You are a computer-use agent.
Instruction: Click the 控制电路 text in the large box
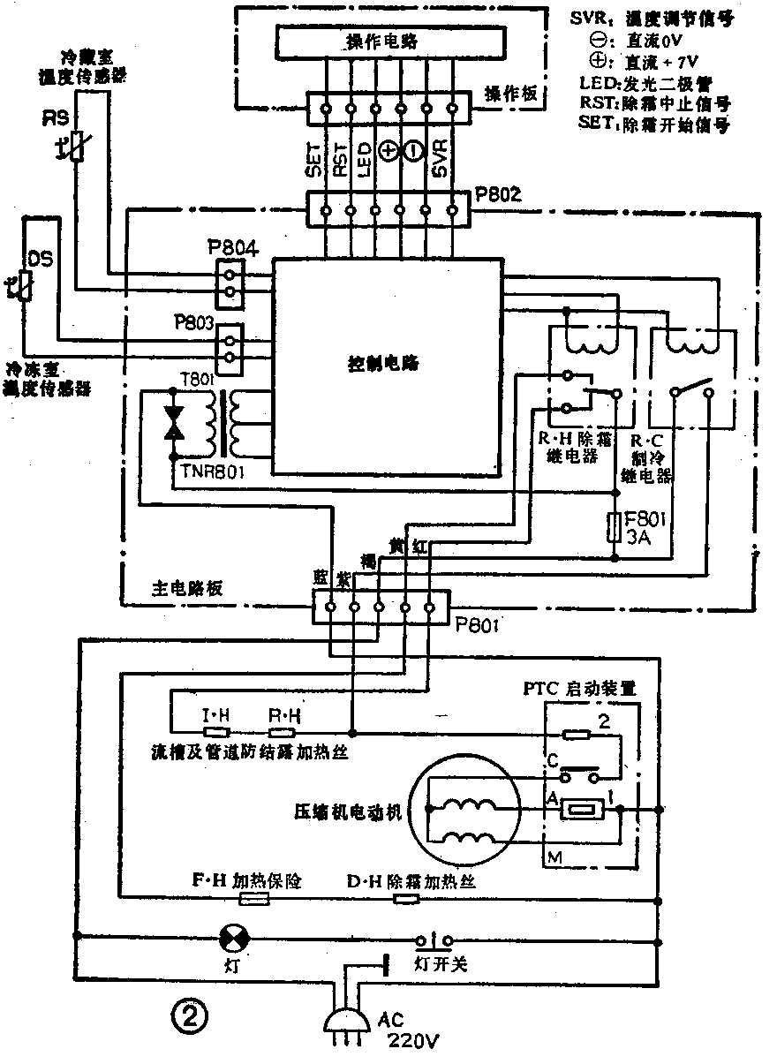[x=383, y=364]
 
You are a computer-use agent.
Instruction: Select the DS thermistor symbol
[x=24, y=285]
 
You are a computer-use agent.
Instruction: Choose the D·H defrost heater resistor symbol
[x=405, y=899]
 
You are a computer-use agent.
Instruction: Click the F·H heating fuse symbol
[x=253, y=899]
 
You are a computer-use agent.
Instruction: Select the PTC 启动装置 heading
[x=591, y=689]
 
